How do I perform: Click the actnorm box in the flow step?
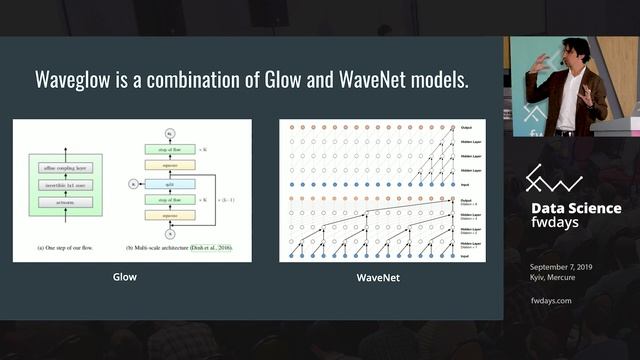click(64, 202)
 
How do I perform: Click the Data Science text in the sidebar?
click(575, 208)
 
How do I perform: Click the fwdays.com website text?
click(551, 299)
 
